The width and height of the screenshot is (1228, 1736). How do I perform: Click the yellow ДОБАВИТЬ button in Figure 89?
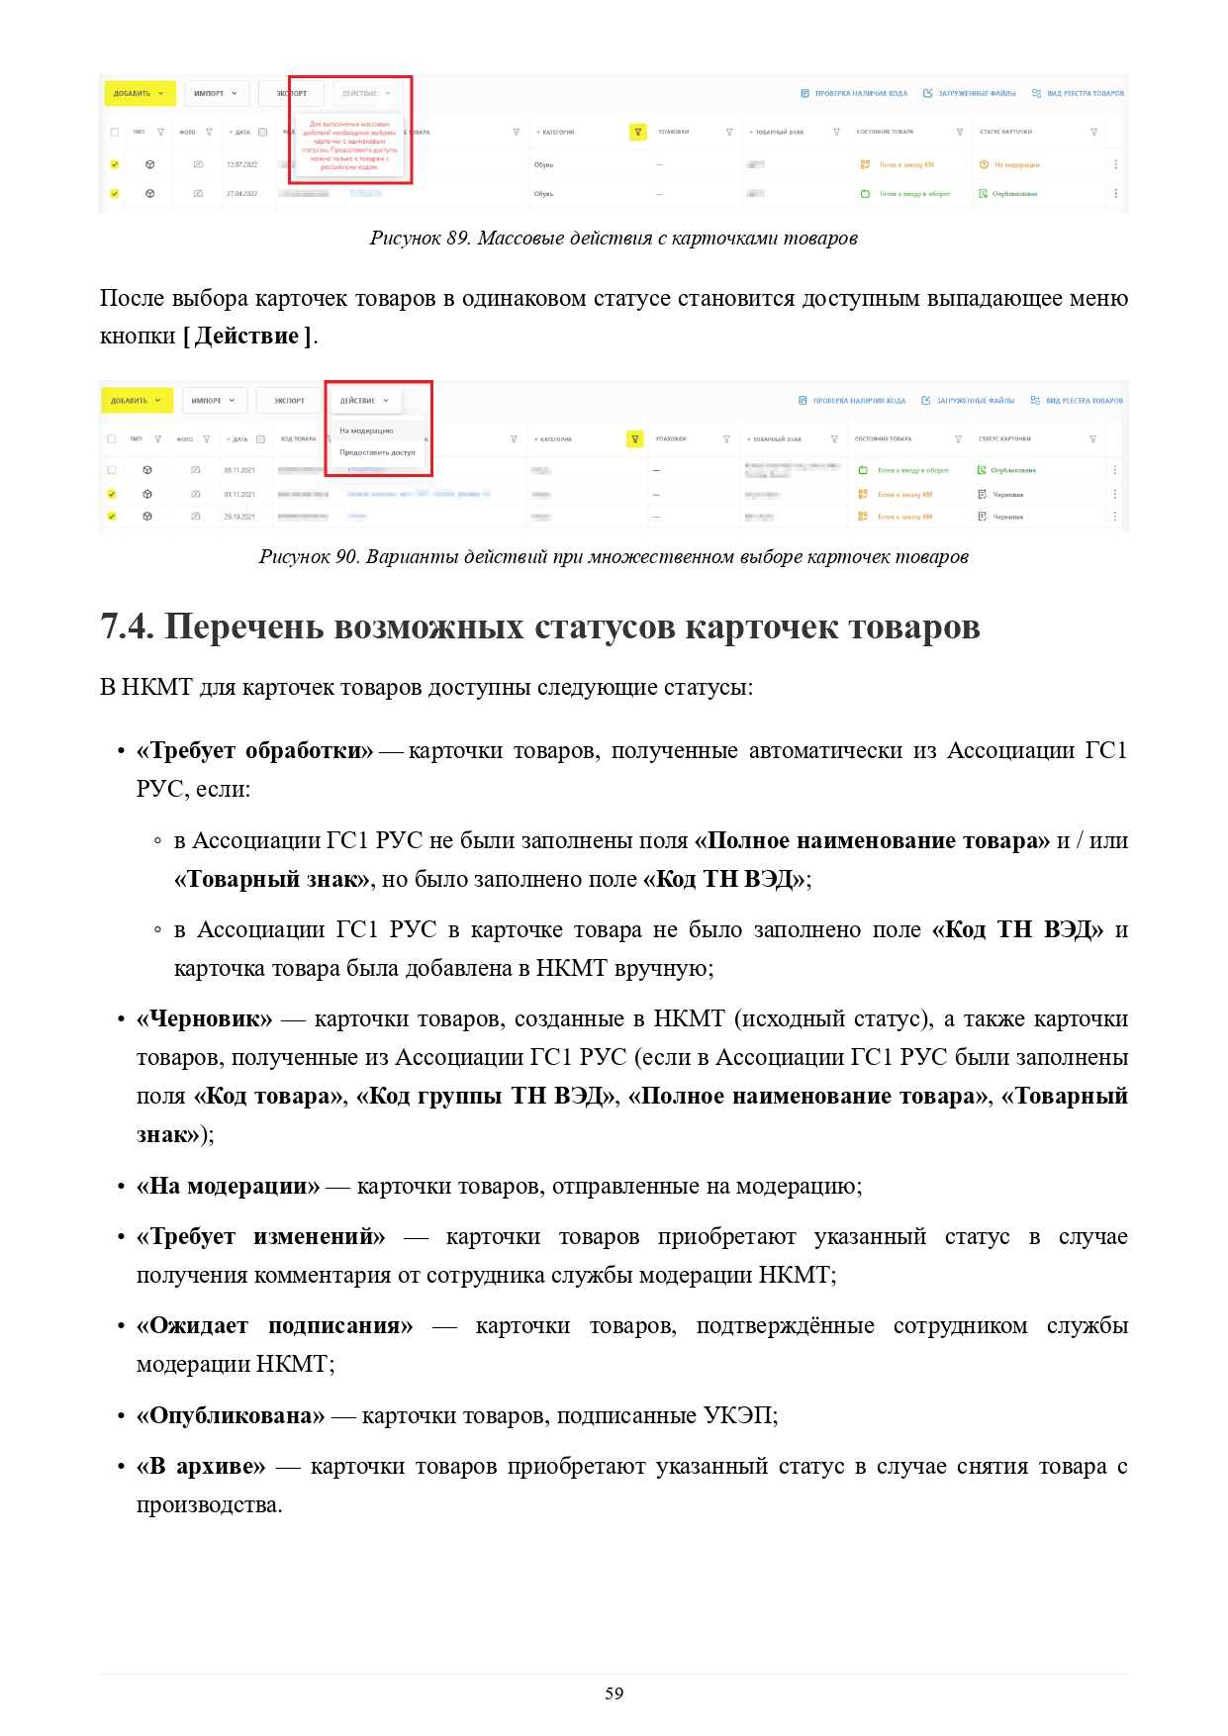(139, 94)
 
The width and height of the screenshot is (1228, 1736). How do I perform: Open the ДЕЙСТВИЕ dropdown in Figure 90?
(363, 401)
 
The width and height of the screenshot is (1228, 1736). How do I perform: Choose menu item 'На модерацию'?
(366, 431)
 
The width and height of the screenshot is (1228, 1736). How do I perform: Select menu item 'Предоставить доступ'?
(377, 452)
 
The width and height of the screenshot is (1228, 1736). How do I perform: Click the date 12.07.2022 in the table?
(241, 164)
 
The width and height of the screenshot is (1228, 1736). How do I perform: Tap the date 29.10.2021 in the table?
(239, 517)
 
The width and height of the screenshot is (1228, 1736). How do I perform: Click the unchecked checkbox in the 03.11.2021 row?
(112, 470)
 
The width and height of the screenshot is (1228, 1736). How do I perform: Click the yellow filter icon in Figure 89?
(638, 132)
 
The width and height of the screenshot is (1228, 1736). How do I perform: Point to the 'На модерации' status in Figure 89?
(1016, 165)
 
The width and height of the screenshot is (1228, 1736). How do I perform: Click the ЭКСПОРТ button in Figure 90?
(289, 401)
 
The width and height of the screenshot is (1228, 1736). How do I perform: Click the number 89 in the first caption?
(457, 239)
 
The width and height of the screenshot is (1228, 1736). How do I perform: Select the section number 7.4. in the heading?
(127, 627)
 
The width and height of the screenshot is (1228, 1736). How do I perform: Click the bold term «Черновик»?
(205, 1019)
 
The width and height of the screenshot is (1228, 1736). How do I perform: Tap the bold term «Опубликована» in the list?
(231, 1416)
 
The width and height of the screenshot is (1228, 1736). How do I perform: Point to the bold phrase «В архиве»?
(201, 1467)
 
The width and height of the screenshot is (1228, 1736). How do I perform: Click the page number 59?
(614, 1693)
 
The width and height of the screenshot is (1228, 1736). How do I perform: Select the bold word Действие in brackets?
(246, 337)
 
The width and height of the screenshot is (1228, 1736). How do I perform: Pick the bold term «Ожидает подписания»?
(275, 1326)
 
